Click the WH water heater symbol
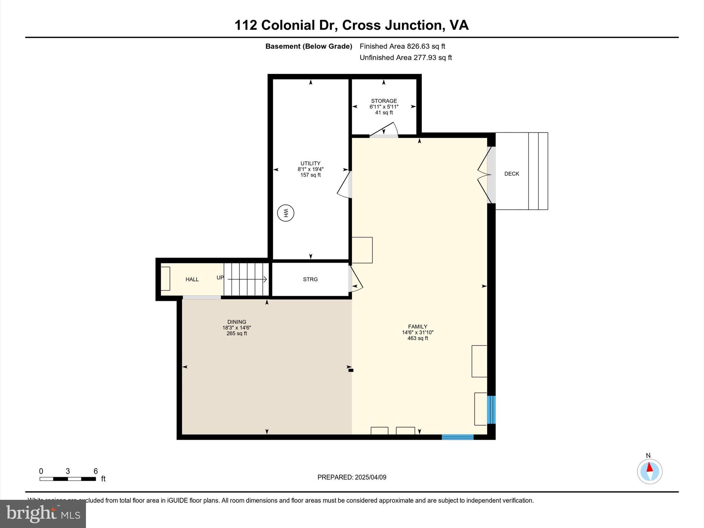tap(285, 213)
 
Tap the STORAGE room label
tap(384, 101)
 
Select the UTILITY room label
tap(310, 163)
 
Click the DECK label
tap(511, 174)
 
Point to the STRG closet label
tap(310, 279)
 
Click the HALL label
tap(192, 279)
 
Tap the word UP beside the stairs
tap(220, 277)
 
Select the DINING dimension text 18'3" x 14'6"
tap(236, 328)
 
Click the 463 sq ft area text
tap(418, 338)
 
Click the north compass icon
tap(649, 471)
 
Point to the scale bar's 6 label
tap(96, 471)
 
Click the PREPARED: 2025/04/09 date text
tap(352, 477)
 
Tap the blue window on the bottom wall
tap(458, 437)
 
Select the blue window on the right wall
tap(492, 410)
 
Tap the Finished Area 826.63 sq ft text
tap(402, 46)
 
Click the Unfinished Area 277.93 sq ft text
tap(406, 58)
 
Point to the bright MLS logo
tap(43, 514)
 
